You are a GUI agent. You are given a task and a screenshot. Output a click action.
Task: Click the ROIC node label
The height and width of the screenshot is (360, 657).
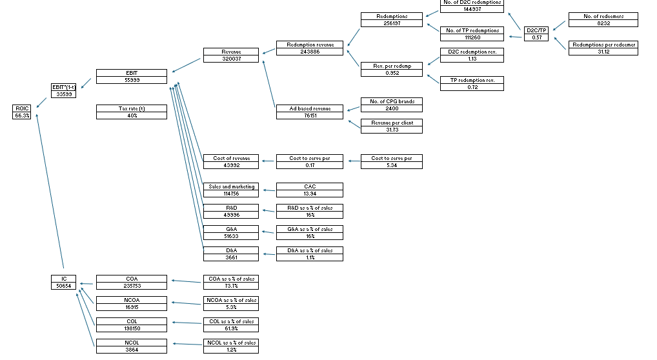21,108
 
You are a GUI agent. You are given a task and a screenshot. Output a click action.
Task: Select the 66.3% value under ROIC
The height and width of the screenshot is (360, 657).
21,115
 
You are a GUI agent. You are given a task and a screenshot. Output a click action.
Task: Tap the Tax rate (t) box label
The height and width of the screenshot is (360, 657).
132,108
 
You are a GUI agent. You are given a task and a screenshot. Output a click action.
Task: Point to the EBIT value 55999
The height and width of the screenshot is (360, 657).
132,80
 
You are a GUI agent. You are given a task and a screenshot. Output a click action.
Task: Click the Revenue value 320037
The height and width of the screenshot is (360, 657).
231,59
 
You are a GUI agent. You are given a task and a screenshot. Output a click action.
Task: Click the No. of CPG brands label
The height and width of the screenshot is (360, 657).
392,101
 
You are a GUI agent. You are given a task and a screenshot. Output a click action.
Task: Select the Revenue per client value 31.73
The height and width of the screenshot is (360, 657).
392,130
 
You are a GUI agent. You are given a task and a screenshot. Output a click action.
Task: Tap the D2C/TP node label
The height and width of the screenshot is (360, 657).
537,30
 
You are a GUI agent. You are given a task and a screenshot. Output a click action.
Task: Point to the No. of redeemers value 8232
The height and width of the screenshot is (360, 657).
603,23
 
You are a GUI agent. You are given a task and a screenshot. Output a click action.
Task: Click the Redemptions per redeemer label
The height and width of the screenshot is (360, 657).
603,45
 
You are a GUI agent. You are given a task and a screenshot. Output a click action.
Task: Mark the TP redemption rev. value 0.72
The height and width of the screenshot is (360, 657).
472,87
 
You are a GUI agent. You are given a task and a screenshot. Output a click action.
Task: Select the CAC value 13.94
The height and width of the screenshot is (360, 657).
310,194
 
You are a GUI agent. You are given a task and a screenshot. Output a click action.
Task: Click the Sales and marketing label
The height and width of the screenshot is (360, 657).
231,186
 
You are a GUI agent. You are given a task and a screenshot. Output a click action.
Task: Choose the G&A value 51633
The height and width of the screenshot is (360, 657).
231,236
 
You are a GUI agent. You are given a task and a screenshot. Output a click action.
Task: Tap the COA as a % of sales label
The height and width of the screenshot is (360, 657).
231,279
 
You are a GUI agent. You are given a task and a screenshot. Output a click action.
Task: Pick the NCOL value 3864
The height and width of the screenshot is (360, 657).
132,350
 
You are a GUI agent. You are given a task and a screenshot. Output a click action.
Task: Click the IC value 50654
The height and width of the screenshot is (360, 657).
63,286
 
